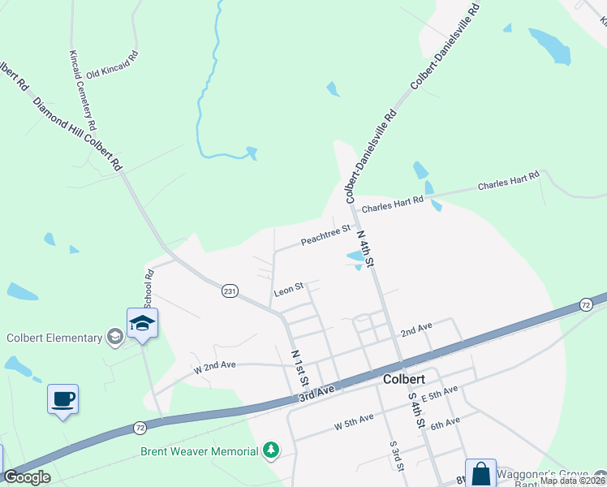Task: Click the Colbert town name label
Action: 403,379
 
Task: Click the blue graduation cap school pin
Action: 142,324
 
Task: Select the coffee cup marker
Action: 62,399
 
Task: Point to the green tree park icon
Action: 271,450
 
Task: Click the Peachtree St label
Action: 325,235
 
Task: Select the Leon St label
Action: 288,287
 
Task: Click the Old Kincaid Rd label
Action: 113,67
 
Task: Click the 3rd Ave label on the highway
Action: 316,390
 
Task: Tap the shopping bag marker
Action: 480,473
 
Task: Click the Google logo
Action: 27,477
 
